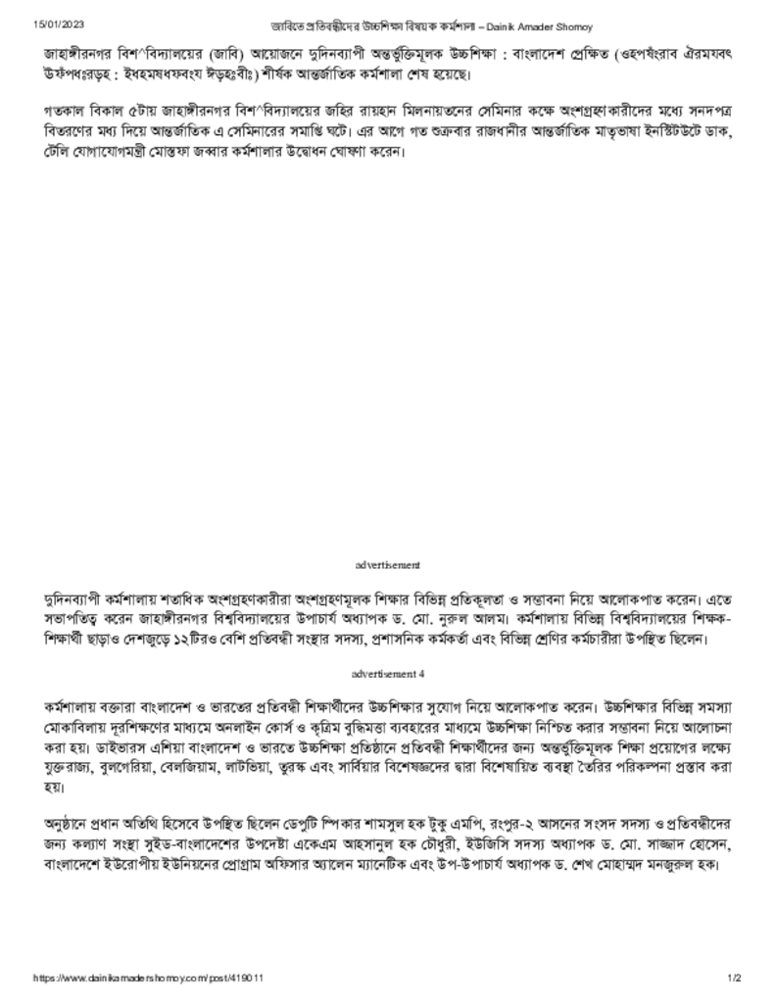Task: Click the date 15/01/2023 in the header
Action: click(x=56, y=24)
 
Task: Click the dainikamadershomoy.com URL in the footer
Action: click(x=149, y=978)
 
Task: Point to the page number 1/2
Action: click(x=734, y=978)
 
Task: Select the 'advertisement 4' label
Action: click(x=388, y=675)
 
